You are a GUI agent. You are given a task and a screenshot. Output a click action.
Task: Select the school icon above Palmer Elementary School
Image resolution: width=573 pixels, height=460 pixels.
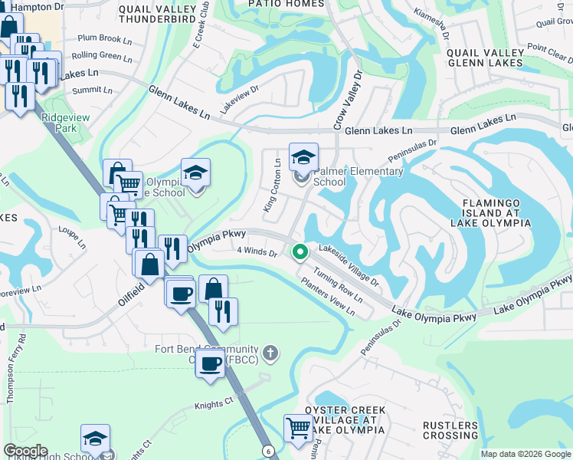click(303, 157)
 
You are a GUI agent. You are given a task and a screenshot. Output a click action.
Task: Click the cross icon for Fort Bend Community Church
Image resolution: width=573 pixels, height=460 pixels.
click(269, 353)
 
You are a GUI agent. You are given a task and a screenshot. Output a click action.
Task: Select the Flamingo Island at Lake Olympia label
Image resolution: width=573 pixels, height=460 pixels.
click(495, 212)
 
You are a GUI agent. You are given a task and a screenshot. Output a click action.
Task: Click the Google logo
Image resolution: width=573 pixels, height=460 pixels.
click(25, 451)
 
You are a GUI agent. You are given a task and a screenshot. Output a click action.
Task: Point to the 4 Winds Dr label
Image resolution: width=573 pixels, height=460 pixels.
click(257, 251)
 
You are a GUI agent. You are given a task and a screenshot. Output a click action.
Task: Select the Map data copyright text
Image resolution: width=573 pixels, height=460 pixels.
click(525, 454)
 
